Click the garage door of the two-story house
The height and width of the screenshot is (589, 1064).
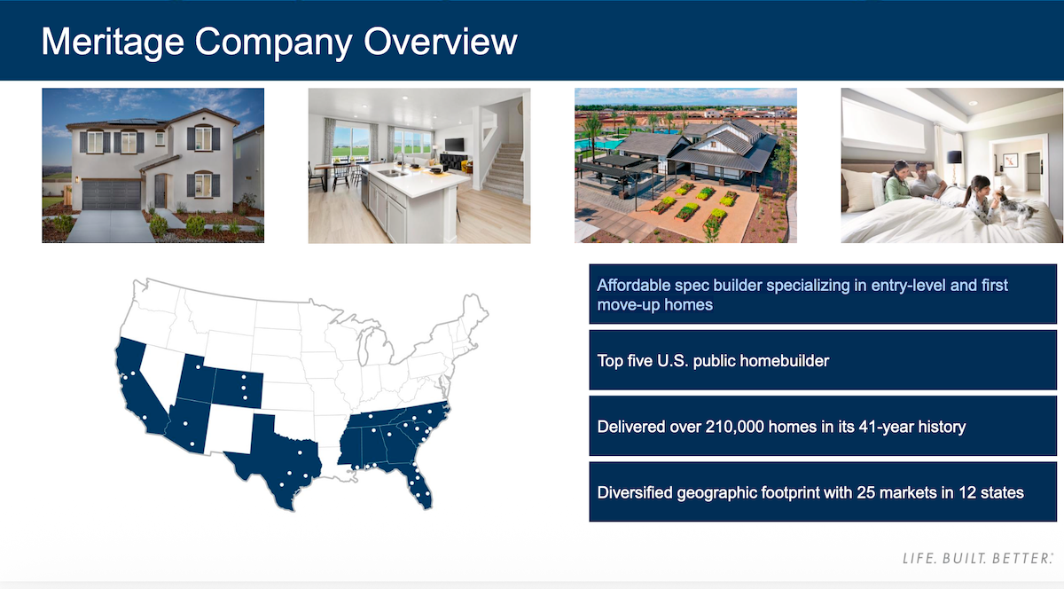point(111,194)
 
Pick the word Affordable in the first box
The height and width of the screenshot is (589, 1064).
point(633,286)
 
